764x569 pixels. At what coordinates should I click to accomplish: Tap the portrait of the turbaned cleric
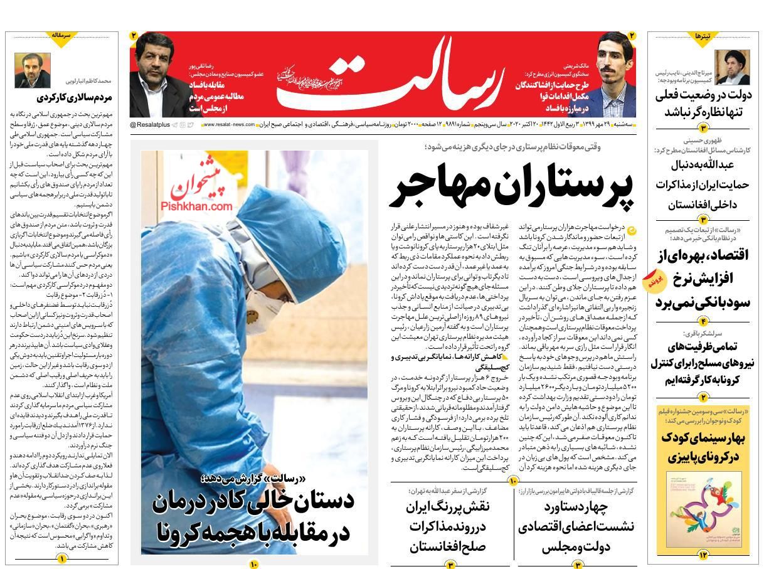pos(733,67)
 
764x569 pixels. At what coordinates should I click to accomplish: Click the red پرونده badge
pos(654,280)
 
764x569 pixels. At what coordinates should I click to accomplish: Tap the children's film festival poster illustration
pos(703,511)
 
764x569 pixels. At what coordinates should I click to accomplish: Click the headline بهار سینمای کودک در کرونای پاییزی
pos(703,447)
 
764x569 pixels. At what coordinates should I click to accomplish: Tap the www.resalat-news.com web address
pos(229,125)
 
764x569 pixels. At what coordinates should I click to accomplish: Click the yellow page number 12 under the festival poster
pos(703,555)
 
